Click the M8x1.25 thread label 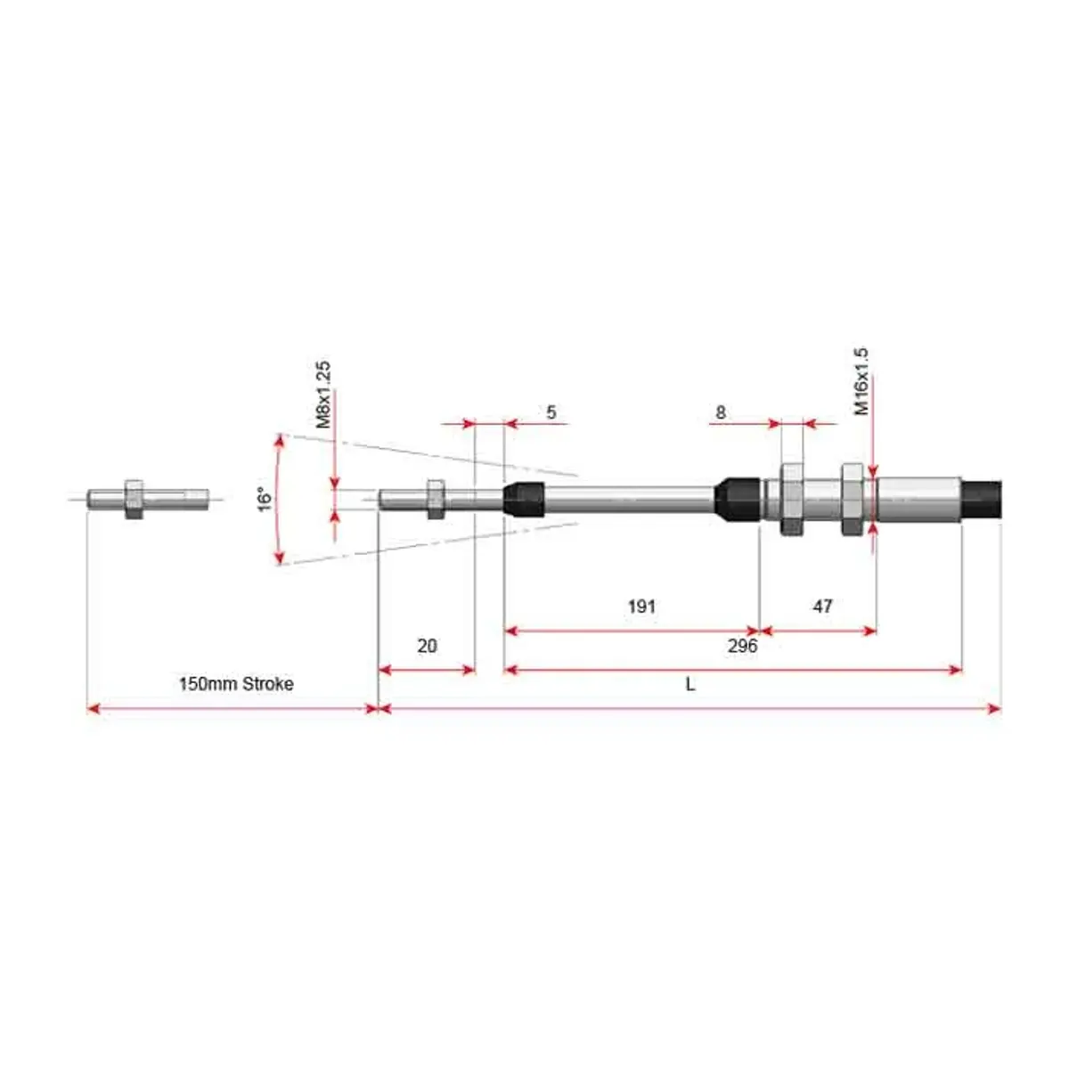323,395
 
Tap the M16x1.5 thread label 861,381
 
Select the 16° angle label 265,499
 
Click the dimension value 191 641,607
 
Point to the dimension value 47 822,607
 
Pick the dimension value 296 742,646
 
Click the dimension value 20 427,646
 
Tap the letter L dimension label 690,684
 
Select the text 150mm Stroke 236,684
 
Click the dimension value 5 551,412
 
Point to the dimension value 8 720,412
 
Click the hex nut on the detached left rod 134,500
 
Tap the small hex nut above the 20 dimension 436,500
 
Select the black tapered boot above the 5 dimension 524,500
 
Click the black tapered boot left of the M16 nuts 737,499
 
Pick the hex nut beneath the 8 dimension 792,500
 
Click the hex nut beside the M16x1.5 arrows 853,500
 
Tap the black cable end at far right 982,500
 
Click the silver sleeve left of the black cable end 919,500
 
